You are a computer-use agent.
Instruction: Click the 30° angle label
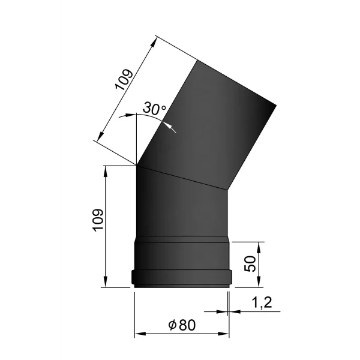[154, 108]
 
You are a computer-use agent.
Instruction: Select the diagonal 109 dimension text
[124, 79]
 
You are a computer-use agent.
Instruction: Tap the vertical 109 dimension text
[98, 220]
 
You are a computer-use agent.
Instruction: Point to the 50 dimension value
[250, 263]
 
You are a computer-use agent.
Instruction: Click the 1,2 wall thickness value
[262, 302]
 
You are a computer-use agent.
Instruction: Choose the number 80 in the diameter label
[187, 325]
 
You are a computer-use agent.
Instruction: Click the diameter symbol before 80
[172, 325]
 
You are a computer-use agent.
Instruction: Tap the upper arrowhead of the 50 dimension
[259, 247]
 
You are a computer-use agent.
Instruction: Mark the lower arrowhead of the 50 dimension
[259, 282]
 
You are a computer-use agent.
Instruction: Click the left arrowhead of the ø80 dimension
[140, 334]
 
